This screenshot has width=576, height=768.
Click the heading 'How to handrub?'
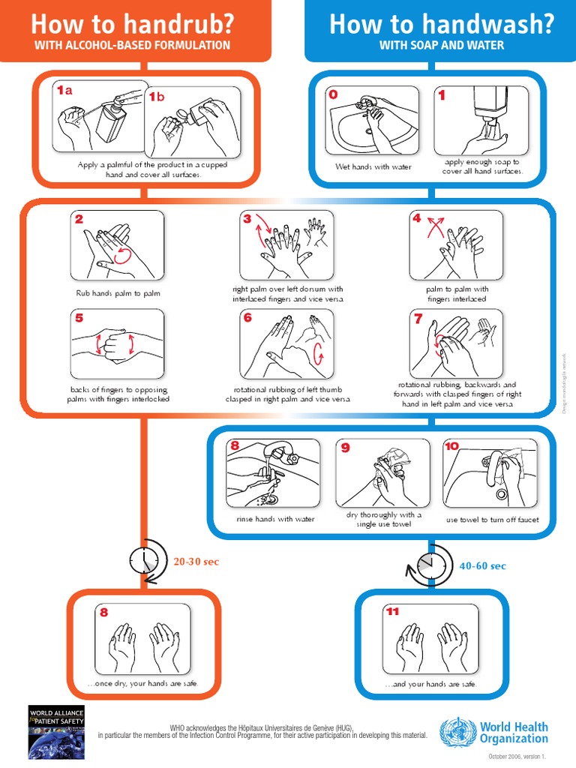click(x=132, y=24)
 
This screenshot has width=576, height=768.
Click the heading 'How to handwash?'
click(x=441, y=24)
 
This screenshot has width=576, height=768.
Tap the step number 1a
click(x=65, y=91)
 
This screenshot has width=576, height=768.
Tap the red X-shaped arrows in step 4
click(x=434, y=227)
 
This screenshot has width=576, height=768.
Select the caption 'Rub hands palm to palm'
click(x=118, y=293)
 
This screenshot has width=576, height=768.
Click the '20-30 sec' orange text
click(x=196, y=562)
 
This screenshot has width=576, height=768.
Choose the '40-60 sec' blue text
click(x=483, y=565)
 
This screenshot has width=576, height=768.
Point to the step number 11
click(x=392, y=611)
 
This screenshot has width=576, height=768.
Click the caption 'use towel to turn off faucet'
click(x=492, y=519)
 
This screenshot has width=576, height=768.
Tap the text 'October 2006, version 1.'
click(x=517, y=757)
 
